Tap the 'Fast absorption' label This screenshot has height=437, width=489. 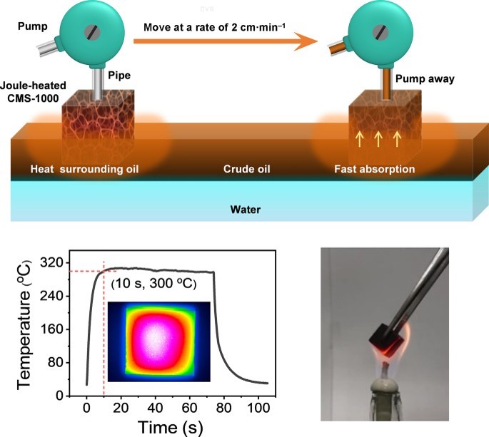click(375, 170)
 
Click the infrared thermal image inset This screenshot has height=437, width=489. click(158, 338)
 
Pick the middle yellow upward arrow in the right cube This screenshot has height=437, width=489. click(378, 135)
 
